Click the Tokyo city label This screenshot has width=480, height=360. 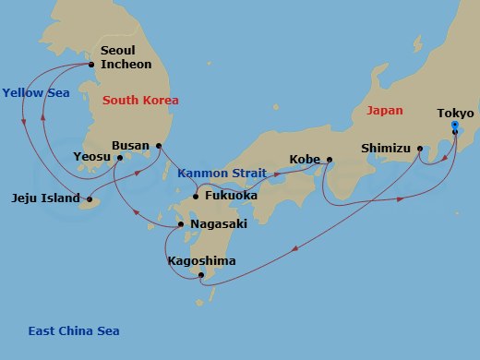pyautogui.click(x=455, y=114)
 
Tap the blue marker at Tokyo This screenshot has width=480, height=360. pyautogui.click(x=455, y=130)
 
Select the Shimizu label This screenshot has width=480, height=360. pyautogui.click(x=385, y=147)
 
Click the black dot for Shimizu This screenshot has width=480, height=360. pyautogui.click(x=421, y=147)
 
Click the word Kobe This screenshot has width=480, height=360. pyautogui.click(x=305, y=159)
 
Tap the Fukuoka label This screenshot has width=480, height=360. pyautogui.click(x=231, y=195)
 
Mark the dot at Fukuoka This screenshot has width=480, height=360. pyautogui.click(x=196, y=195)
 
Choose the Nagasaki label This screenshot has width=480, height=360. pyautogui.click(x=218, y=223)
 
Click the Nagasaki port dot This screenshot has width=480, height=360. pyautogui.click(x=182, y=224)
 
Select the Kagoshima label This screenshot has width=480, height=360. pyautogui.click(x=201, y=261)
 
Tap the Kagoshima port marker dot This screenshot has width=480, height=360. pyautogui.click(x=200, y=273)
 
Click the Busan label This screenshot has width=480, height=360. pyautogui.click(x=130, y=145)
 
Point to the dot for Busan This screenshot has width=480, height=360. pyautogui.click(x=159, y=145)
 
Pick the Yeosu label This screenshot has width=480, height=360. pyautogui.click(x=92, y=158)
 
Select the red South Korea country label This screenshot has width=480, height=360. pyautogui.click(x=140, y=100)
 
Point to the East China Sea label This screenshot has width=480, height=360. pyautogui.click(x=73, y=331)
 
